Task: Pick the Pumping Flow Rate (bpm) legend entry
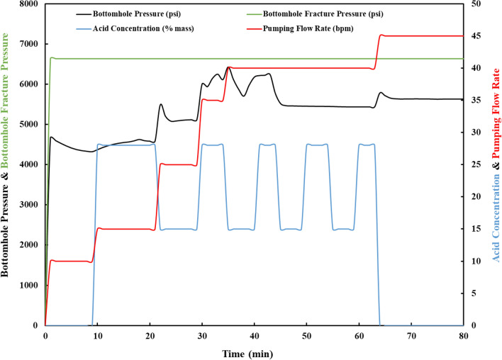315,30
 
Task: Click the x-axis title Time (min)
254,352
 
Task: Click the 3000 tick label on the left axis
28,205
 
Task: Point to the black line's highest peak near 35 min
228,67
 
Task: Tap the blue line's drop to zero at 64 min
379,283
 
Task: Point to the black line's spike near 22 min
161,104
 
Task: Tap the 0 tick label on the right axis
471,325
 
